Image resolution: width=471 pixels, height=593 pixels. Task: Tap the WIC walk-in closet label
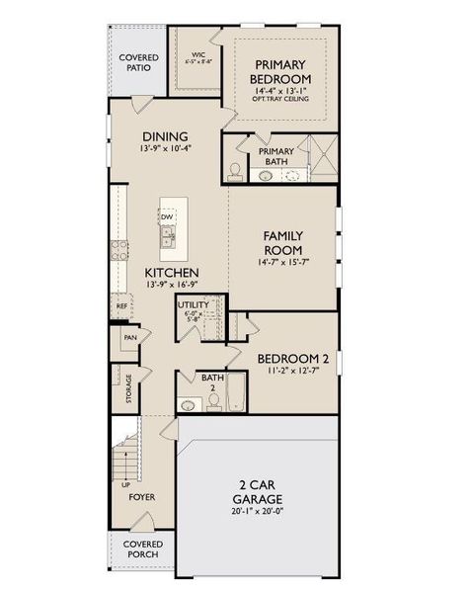pos(197,55)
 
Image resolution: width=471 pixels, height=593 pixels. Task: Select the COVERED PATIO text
pos(139,64)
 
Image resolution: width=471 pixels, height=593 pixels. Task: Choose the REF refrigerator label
pos(122,306)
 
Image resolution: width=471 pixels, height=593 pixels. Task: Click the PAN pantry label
pos(129,338)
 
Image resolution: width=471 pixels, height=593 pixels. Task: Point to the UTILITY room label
pos(194,305)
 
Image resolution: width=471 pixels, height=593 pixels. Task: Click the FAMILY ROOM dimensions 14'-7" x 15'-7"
pos(282,262)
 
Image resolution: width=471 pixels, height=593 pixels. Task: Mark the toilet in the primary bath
pos(235,170)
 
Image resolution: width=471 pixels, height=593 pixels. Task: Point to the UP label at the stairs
pos(124,485)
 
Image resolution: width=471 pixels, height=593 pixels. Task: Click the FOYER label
pos(142,497)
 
